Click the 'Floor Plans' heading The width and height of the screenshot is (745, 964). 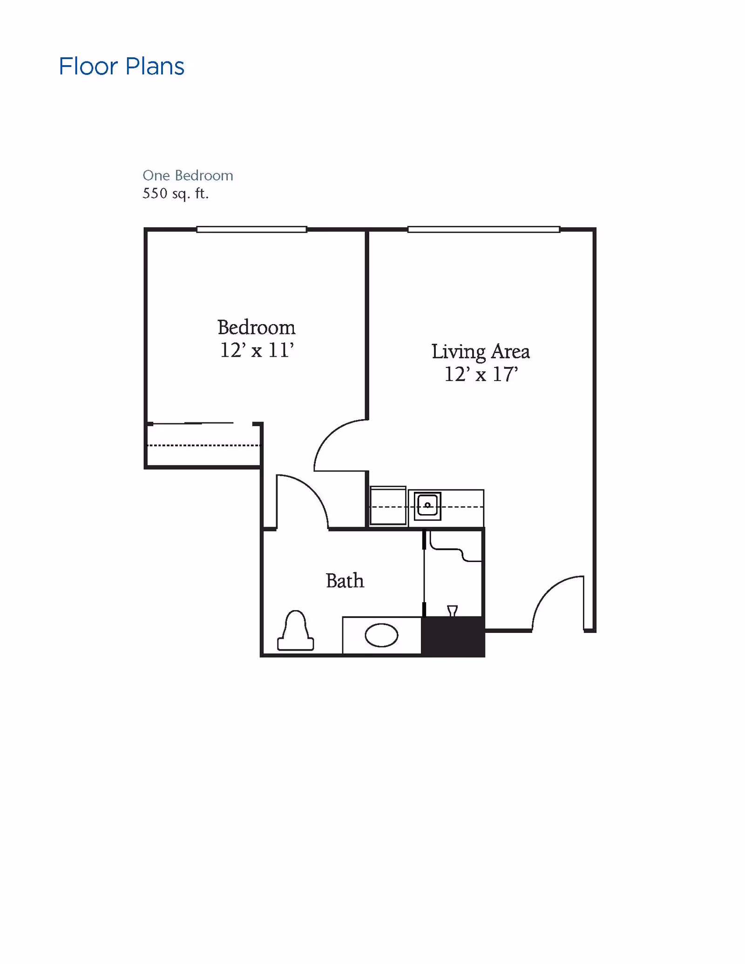pyautogui.click(x=122, y=67)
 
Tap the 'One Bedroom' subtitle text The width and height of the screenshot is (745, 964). pyautogui.click(x=188, y=176)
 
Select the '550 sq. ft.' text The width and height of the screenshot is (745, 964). pyautogui.click(x=176, y=193)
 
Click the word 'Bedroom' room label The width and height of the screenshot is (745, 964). pyautogui.click(x=256, y=327)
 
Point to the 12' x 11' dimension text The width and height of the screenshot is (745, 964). pyautogui.click(x=257, y=350)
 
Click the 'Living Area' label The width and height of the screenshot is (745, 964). pyautogui.click(x=480, y=352)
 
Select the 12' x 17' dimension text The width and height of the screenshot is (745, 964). pyautogui.click(x=481, y=374)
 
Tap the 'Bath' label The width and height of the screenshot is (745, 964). pyautogui.click(x=345, y=581)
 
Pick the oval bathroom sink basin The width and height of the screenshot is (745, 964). pyautogui.click(x=381, y=635)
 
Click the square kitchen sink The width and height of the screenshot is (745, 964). pyautogui.click(x=427, y=506)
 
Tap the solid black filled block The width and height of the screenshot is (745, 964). pyautogui.click(x=453, y=636)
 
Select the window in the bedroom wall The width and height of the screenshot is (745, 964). pyautogui.click(x=251, y=229)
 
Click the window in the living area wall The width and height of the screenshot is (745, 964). pyautogui.click(x=483, y=229)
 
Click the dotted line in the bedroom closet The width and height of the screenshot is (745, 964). pyautogui.click(x=203, y=446)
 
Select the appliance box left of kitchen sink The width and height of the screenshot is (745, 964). pyautogui.click(x=388, y=506)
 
